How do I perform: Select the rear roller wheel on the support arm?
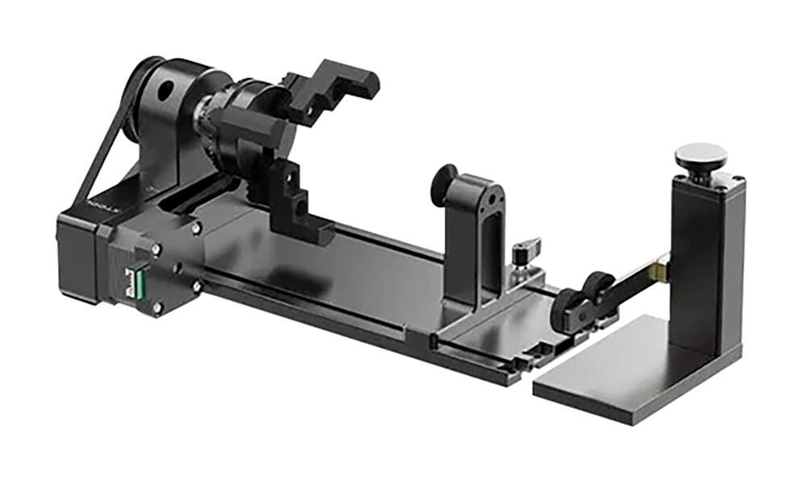click(597, 287)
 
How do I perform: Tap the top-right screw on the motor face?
click(197, 228)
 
